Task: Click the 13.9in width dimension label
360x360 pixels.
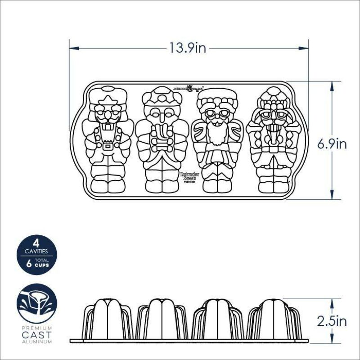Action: pos(188,48)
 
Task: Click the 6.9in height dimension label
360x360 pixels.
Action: pos(332,144)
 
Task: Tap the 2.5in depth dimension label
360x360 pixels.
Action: pos(332,321)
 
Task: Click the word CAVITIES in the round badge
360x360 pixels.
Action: pos(36,253)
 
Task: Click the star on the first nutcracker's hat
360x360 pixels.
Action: pos(108,99)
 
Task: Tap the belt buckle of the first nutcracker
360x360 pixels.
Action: pos(107,146)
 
